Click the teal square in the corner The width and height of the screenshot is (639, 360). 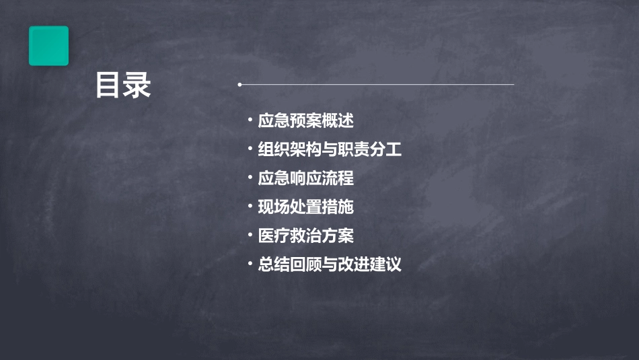pyautogui.click(x=48, y=46)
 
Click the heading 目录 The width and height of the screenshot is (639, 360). pyautogui.click(x=123, y=85)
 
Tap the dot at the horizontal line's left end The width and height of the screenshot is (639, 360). pyautogui.click(x=240, y=85)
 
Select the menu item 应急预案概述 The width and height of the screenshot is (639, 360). pyautogui.click(x=305, y=121)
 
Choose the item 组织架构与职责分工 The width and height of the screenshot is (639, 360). pyautogui.click(x=330, y=149)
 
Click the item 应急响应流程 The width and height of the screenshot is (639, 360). pyautogui.click(x=305, y=178)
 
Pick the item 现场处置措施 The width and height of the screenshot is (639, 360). pyautogui.click(x=305, y=207)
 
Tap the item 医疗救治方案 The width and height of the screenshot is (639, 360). pyautogui.click(x=305, y=236)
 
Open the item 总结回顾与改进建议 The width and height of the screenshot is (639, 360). pyautogui.click(x=330, y=264)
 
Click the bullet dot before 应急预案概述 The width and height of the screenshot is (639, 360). pyautogui.click(x=250, y=121)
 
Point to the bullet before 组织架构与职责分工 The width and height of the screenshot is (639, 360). pyautogui.click(x=250, y=149)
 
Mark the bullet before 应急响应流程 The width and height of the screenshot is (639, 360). pyautogui.click(x=250, y=178)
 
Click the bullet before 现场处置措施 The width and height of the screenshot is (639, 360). pyautogui.click(x=250, y=207)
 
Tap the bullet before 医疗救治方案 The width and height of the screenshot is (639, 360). pyautogui.click(x=250, y=236)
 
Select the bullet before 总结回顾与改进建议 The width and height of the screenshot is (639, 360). pyautogui.click(x=250, y=264)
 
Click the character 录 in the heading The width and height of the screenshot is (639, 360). pyautogui.click(x=137, y=85)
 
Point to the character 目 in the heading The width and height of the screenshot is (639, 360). pyautogui.click(x=108, y=85)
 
